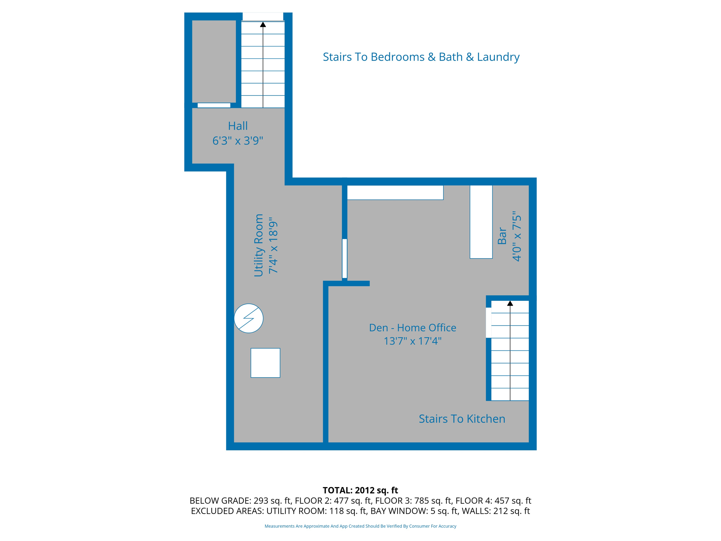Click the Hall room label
pos(238,126)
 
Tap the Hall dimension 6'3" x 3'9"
pos(238,141)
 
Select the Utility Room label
pos(258,245)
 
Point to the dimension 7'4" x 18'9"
pos(273,247)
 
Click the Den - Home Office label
pos(412,328)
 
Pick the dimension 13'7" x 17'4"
pos(412,341)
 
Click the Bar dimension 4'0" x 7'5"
pos(516,236)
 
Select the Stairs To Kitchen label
pos(462,418)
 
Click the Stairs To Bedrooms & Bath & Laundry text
pos(421,57)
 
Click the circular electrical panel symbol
pos(249,318)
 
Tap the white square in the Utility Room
pos(265,363)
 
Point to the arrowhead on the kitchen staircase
pos(510,303)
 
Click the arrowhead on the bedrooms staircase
pos(263,24)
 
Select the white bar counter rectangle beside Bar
pos(481,222)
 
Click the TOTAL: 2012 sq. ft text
pos(360,490)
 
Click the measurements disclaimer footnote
pos(360,526)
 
